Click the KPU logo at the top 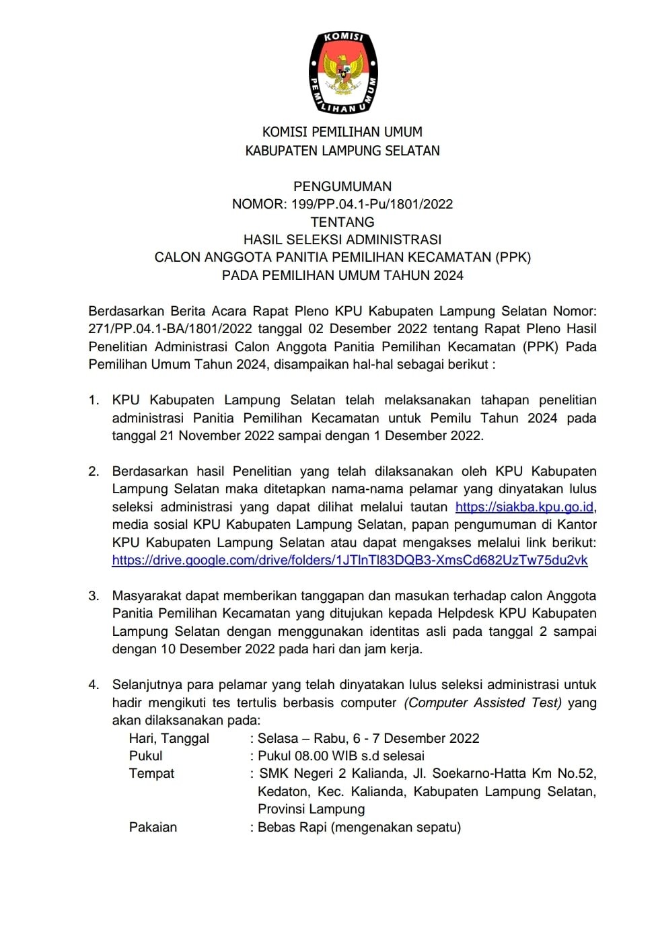click(x=342, y=72)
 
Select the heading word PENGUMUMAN click(x=342, y=186)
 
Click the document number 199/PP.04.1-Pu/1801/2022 click(x=372, y=204)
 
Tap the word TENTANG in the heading click(x=342, y=222)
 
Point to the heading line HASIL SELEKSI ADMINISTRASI click(x=342, y=240)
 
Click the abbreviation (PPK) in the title click(x=513, y=257)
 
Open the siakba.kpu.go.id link click(x=524, y=507)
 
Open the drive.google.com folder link click(x=350, y=560)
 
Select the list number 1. click(x=94, y=400)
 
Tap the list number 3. click(x=94, y=595)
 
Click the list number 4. click(x=94, y=685)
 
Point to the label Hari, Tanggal click(x=169, y=738)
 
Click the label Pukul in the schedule click(x=146, y=756)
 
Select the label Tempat click(x=151, y=774)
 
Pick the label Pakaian click(x=153, y=827)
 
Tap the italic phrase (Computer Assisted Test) click(x=482, y=702)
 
